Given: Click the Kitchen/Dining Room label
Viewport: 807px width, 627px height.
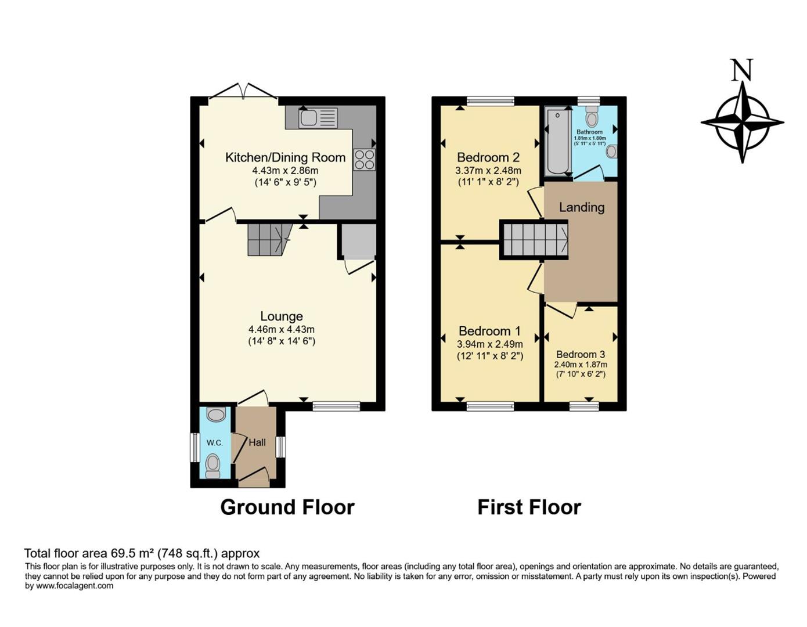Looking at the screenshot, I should (x=285, y=157).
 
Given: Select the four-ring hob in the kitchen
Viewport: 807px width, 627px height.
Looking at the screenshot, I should (x=365, y=159).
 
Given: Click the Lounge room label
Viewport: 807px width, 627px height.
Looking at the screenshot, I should (x=282, y=316).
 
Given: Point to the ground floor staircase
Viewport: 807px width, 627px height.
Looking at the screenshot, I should (x=268, y=239).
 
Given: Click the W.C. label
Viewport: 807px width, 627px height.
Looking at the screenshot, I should (x=215, y=443).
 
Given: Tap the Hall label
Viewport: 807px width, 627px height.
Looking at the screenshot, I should (x=257, y=442).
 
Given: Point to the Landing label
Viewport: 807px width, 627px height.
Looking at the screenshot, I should (x=581, y=207).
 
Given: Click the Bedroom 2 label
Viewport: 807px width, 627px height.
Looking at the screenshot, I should (x=488, y=157).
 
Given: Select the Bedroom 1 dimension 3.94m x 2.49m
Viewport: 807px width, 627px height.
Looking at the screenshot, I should (x=489, y=344).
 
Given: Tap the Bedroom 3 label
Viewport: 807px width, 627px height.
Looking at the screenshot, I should (x=580, y=354).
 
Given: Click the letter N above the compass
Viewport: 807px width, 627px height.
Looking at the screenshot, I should (x=741, y=70).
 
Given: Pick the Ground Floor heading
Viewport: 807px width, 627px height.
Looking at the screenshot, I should (x=287, y=507).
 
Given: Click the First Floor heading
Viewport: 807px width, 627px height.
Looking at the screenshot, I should (x=529, y=507).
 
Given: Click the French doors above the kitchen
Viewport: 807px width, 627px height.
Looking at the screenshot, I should (x=243, y=93).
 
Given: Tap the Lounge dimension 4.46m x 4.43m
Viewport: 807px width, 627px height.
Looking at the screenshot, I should (x=282, y=330).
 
